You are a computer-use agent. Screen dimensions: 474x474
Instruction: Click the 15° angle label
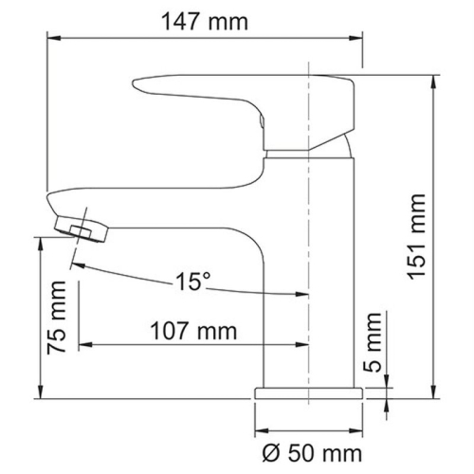click(192, 282)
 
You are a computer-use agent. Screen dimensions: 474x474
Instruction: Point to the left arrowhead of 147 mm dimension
click(54, 38)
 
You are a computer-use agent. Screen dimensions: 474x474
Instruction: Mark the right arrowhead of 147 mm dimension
click(359, 38)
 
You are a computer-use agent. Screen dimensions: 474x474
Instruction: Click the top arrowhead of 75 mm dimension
click(41, 242)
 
